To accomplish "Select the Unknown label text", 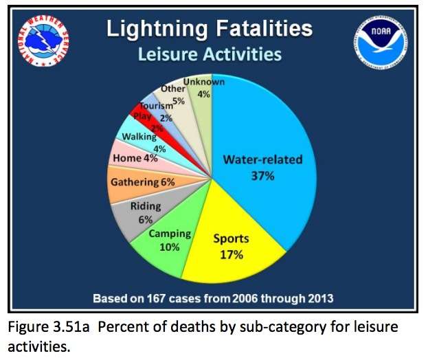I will (x=203, y=83).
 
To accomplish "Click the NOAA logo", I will (x=380, y=40).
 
